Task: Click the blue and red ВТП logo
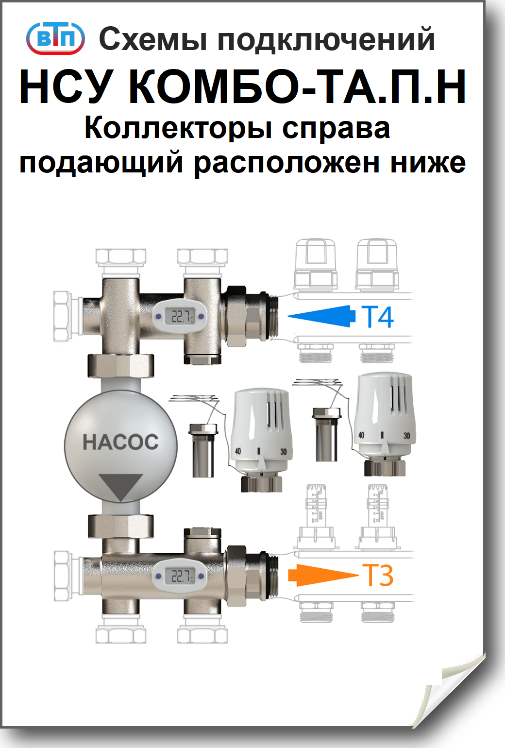55,38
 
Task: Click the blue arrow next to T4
321,316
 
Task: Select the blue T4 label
377,317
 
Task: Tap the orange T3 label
377,576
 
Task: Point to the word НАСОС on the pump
120,442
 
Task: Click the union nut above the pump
121,366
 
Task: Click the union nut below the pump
121,526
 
